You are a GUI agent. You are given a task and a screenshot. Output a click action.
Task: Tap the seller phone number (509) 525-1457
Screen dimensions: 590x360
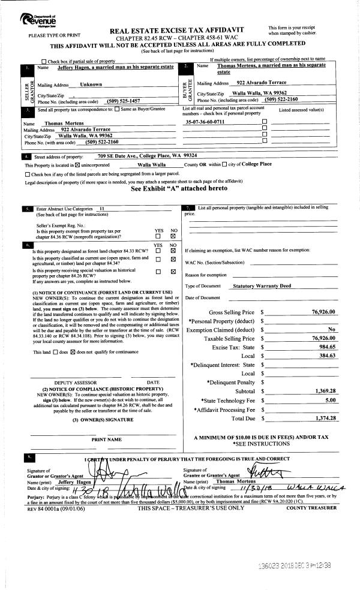click(131, 100)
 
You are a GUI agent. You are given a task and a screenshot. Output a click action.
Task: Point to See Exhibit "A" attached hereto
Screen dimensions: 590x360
click(179, 188)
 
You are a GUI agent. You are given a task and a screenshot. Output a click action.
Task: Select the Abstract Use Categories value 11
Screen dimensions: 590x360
click(102, 208)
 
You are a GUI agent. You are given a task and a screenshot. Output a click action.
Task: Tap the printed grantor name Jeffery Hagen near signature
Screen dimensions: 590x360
click(62, 481)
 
